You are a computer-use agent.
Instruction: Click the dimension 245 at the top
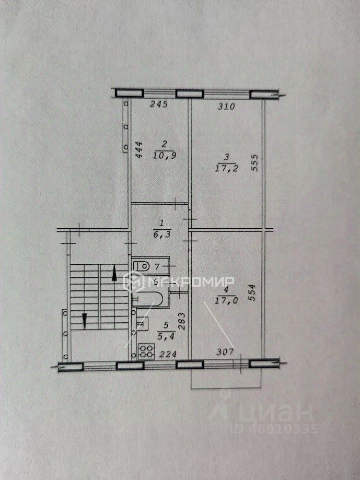(158, 104)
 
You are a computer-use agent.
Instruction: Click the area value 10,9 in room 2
(165, 155)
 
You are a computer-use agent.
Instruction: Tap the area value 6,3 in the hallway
(160, 235)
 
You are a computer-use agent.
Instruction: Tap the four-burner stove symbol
(146, 351)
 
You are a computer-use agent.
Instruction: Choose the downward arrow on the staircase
(84, 319)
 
